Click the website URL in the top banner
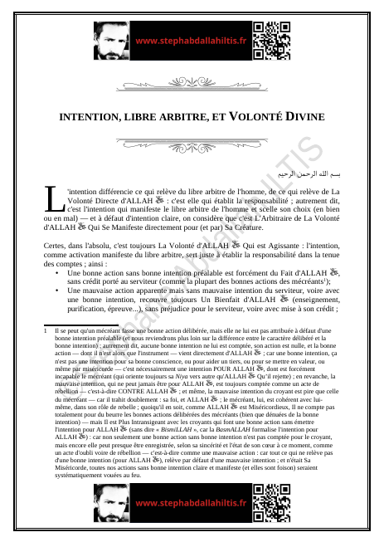191,40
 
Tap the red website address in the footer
191,503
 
